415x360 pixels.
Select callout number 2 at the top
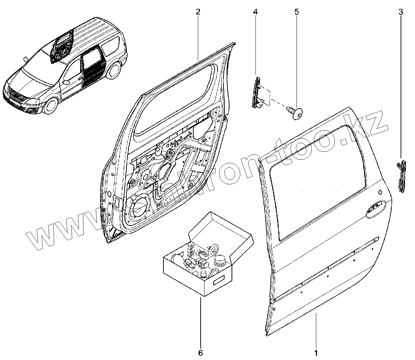198,12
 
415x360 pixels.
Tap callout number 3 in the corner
401,12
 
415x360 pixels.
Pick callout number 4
255,12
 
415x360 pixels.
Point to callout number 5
297,12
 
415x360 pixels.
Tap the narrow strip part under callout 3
401,176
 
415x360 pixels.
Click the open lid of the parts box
221,229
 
